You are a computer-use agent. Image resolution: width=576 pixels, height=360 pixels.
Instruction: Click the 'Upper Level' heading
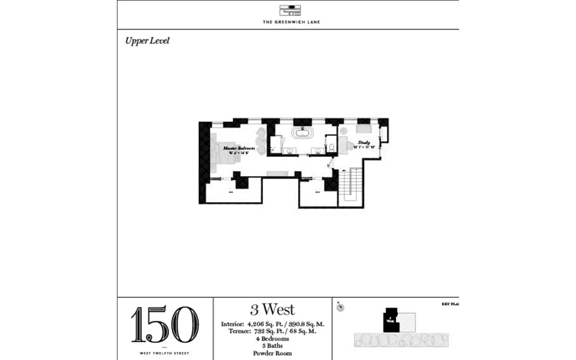[x=147, y=41]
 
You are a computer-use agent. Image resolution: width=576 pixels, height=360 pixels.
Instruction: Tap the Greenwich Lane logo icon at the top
[x=288, y=11]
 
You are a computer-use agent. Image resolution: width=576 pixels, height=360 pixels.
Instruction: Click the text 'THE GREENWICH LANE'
[x=288, y=22]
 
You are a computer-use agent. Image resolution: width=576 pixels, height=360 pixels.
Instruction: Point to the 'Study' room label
[x=364, y=143]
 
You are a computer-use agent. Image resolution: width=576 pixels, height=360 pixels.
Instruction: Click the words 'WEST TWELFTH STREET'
[x=165, y=353]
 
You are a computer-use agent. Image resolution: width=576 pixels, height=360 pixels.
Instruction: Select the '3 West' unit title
[x=272, y=309]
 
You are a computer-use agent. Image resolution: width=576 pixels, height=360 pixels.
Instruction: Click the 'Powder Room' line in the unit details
[x=272, y=353]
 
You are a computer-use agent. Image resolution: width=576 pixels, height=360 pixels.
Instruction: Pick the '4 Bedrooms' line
[x=272, y=338]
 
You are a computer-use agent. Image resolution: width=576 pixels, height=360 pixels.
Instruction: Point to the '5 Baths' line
[x=272, y=346]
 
